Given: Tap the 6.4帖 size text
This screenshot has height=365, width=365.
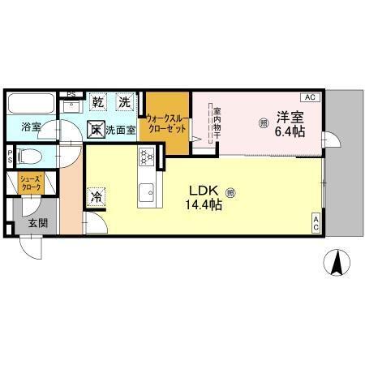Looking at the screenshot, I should point(289,131).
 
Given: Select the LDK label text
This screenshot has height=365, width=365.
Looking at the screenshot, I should point(204,191).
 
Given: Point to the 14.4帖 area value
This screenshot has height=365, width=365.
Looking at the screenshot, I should point(205,205).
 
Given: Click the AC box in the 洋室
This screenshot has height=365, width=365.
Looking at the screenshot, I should point(313,97).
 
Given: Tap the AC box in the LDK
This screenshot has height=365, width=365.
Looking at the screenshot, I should point(316,222).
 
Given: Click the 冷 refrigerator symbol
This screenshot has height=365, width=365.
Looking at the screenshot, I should point(96,196).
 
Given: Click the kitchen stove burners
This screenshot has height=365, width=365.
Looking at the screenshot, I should point(146,156).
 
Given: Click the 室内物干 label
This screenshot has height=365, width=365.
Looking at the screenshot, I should point(217,122).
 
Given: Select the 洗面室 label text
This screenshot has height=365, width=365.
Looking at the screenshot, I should point(118,128).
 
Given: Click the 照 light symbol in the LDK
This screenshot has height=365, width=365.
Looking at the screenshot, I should point(230,193).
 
